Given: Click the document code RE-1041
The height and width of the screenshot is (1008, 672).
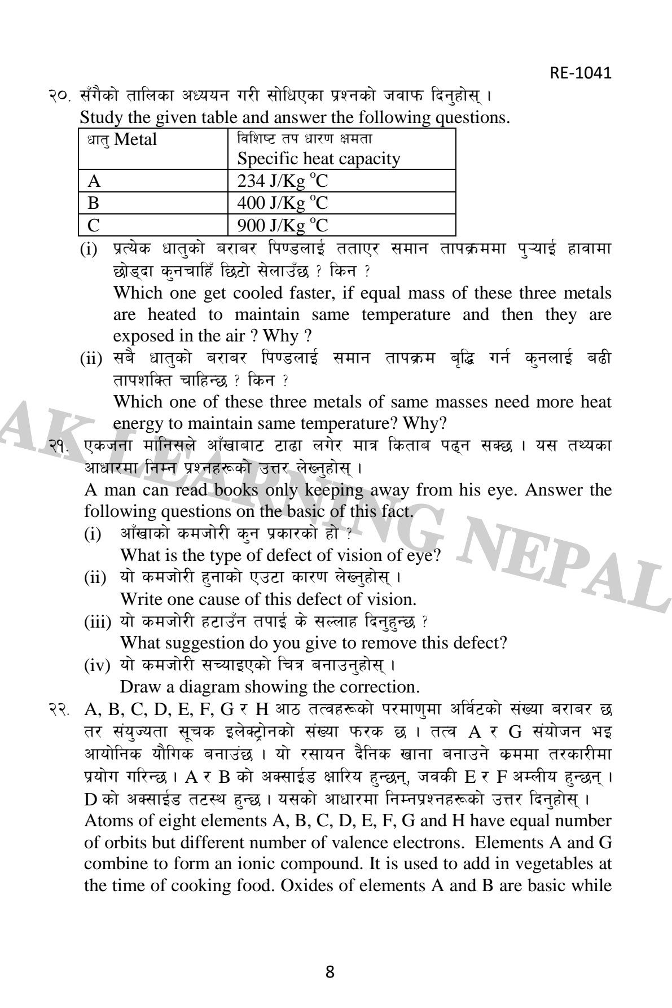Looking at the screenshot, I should tap(580, 73).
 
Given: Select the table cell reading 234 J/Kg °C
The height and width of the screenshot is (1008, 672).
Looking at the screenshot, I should tap(282, 181).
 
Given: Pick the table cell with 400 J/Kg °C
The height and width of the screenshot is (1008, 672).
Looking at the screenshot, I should tap(282, 203).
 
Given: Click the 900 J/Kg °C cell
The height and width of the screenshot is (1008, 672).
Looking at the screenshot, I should tap(282, 225).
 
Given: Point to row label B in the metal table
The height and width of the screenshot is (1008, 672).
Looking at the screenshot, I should tap(94, 203).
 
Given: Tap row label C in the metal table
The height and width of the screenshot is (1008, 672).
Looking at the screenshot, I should tap(94, 225).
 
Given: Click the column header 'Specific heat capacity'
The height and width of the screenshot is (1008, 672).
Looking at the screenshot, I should tap(318, 159).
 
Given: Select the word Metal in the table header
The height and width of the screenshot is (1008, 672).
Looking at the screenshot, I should tap(135, 139).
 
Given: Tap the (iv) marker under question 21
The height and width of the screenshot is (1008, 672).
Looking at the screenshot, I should tap(96, 666).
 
